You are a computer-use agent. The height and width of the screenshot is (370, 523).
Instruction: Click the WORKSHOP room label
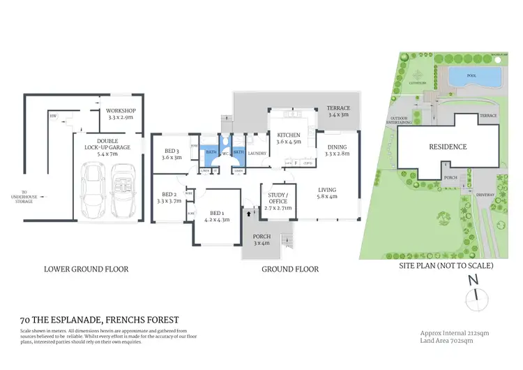(x=121, y=111)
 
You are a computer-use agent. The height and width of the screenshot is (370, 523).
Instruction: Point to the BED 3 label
(x=172, y=151)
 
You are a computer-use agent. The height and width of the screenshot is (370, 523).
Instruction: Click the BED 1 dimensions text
(x=217, y=220)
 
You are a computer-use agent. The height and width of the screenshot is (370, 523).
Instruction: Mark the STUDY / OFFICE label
(x=278, y=200)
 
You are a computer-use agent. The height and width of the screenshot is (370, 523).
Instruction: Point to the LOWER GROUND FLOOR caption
(x=86, y=269)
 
